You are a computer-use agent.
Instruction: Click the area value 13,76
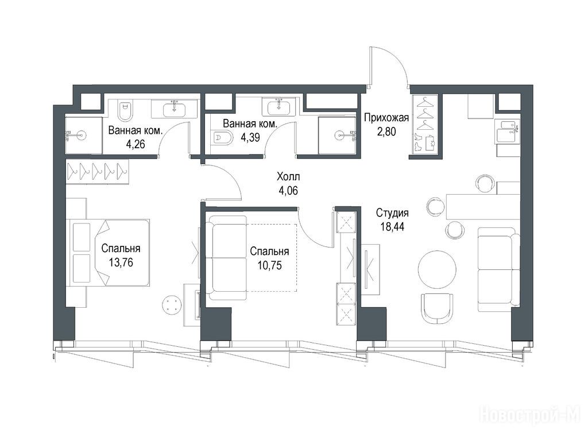pos(121,262)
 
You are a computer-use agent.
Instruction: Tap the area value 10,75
pos(270,265)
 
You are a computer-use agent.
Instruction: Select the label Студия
pos(392,213)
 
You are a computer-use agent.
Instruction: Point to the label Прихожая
pos(386,118)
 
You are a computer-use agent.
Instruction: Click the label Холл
pos(288,176)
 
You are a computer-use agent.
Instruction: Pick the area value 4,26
pos(136,144)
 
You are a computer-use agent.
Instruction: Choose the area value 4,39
pos(250,137)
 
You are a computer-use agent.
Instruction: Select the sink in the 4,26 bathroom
pos(175,109)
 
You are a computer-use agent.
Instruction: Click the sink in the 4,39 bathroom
pos(278,107)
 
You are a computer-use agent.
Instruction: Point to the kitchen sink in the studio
pos(506,131)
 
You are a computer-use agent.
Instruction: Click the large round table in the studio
pos(437,269)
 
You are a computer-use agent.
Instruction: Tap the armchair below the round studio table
pos(437,308)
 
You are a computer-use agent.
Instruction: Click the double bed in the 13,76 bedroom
pos(108,253)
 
